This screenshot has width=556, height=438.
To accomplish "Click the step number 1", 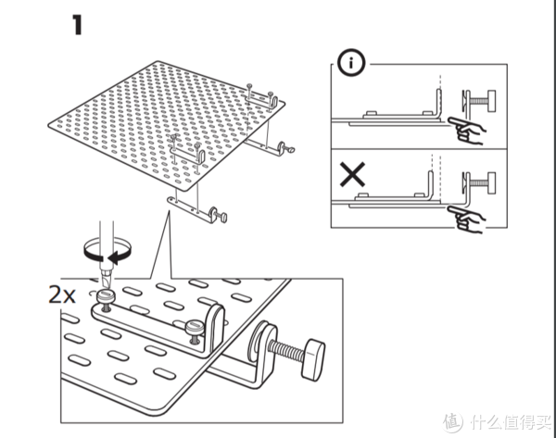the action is click(x=78, y=25).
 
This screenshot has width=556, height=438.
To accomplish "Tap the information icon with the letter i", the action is click(x=350, y=63).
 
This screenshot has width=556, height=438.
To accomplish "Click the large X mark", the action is click(x=352, y=174).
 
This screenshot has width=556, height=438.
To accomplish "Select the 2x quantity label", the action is click(x=62, y=294).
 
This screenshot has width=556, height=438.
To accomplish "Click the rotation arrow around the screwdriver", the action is click(x=107, y=252).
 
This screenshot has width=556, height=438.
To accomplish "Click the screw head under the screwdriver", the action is click(x=106, y=295).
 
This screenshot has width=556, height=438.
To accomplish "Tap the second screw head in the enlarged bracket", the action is click(x=195, y=326).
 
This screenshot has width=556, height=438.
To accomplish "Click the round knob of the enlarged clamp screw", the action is click(x=313, y=359).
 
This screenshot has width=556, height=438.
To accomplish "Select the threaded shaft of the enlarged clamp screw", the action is click(x=287, y=349).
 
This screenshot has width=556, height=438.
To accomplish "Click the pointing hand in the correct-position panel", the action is click(x=467, y=130).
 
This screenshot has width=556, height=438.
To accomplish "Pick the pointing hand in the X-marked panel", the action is click(x=467, y=219).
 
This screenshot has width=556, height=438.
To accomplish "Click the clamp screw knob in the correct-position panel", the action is click(x=492, y=101).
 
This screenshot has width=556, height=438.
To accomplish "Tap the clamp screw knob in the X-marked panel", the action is click(x=491, y=182).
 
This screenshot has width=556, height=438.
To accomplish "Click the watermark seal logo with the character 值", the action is click(x=453, y=422).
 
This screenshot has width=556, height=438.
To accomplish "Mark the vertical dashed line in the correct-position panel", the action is click(x=440, y=93).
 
